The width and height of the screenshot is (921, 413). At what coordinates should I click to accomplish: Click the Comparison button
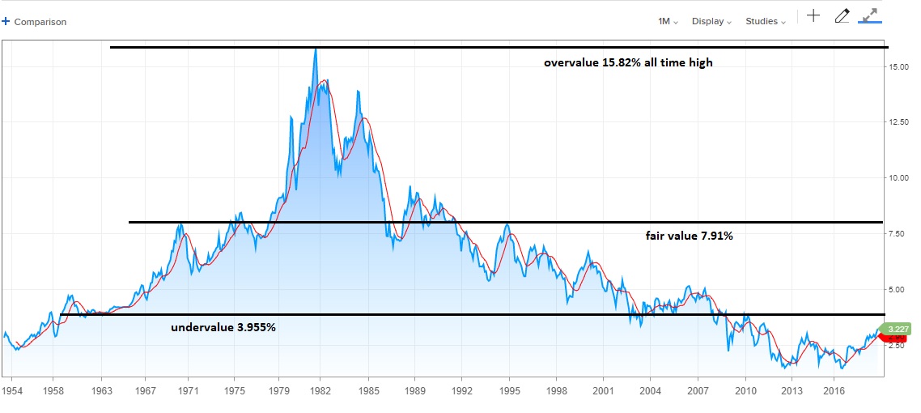coord(36,22)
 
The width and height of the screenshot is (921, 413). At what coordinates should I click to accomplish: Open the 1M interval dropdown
coord(668,22)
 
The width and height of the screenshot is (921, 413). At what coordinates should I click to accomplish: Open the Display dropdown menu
coord(711,22)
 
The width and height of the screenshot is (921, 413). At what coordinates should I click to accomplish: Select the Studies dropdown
coord(765,22)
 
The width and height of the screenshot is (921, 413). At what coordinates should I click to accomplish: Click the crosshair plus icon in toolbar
coord(813,15)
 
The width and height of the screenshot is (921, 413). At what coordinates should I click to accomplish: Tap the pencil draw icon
coord(842,15)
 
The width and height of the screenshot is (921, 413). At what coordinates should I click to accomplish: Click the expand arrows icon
coord(871,15)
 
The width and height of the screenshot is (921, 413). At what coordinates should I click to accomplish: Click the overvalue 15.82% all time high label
coord(628,62)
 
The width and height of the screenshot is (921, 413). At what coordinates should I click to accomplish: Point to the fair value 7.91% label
coord(689,236)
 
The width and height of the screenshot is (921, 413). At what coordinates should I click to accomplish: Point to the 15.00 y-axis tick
coord(898,67)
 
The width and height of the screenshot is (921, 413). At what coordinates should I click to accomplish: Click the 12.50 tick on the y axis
coord(898,123)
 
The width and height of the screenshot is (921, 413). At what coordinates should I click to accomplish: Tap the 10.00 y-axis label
coord(898,178)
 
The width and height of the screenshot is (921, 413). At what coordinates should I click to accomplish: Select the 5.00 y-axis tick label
coord(896,289)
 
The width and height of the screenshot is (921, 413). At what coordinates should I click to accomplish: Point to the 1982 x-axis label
coord(319,390)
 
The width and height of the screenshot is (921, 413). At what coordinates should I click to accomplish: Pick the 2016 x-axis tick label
coord(833,390)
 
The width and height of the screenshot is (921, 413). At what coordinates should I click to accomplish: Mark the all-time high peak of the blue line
coord(316,49)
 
